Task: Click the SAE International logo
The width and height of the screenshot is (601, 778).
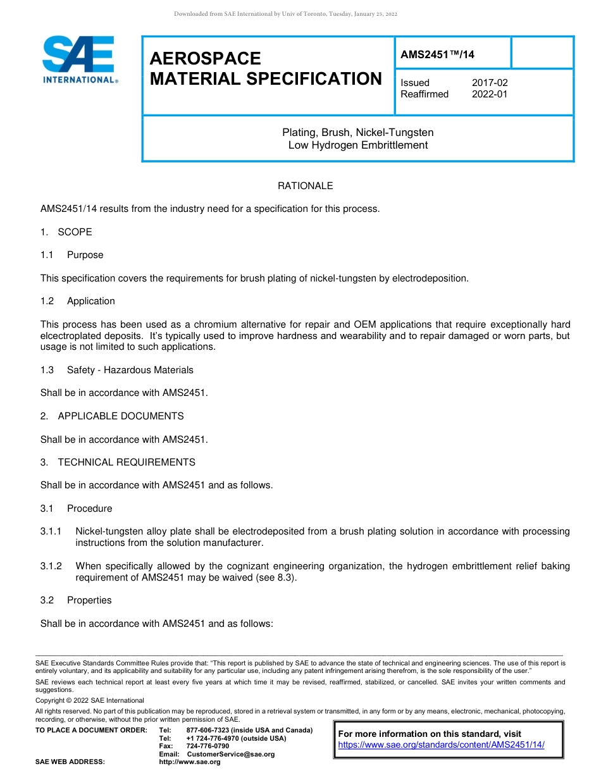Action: (x=79, y=60)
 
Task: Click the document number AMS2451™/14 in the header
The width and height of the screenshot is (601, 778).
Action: (x=437, y=55)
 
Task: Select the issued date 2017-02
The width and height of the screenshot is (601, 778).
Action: (x=490, y=83)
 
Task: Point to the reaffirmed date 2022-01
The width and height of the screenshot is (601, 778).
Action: (x=490, y=94)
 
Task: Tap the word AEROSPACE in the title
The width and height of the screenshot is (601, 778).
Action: (x=205, y=59)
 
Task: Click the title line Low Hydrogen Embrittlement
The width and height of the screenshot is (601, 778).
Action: (x=358, y=145)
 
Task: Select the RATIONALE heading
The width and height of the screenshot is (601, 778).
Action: (x=306, y=186)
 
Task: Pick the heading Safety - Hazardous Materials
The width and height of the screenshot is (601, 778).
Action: (x=130, y=370)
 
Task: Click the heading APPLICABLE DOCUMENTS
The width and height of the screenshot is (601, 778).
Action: (x=121, y=416)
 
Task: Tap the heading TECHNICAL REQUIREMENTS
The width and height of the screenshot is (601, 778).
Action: (x=127, y=462)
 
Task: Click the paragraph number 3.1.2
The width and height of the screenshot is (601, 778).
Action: (x=51, y=566)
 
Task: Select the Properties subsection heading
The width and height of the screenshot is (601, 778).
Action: (x=89, y=600)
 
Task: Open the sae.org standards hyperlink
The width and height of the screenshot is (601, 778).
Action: (x=442, y=745)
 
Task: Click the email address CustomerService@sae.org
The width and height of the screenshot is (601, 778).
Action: (x=231, y=754)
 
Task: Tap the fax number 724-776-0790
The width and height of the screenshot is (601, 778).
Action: (x=208, y=746)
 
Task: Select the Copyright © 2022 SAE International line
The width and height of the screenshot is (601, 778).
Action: (x=90, y=700)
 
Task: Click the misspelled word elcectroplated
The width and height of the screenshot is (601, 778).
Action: (x=71, y=336)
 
